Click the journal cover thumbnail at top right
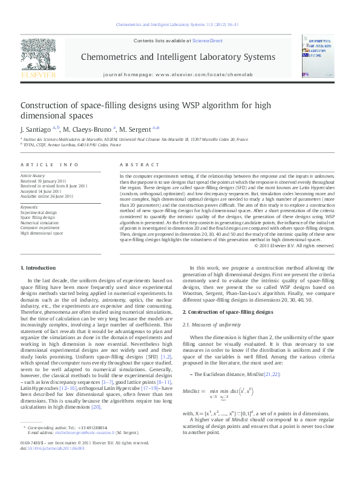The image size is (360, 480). coord(318,56)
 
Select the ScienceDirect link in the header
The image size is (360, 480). coord(207,41)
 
